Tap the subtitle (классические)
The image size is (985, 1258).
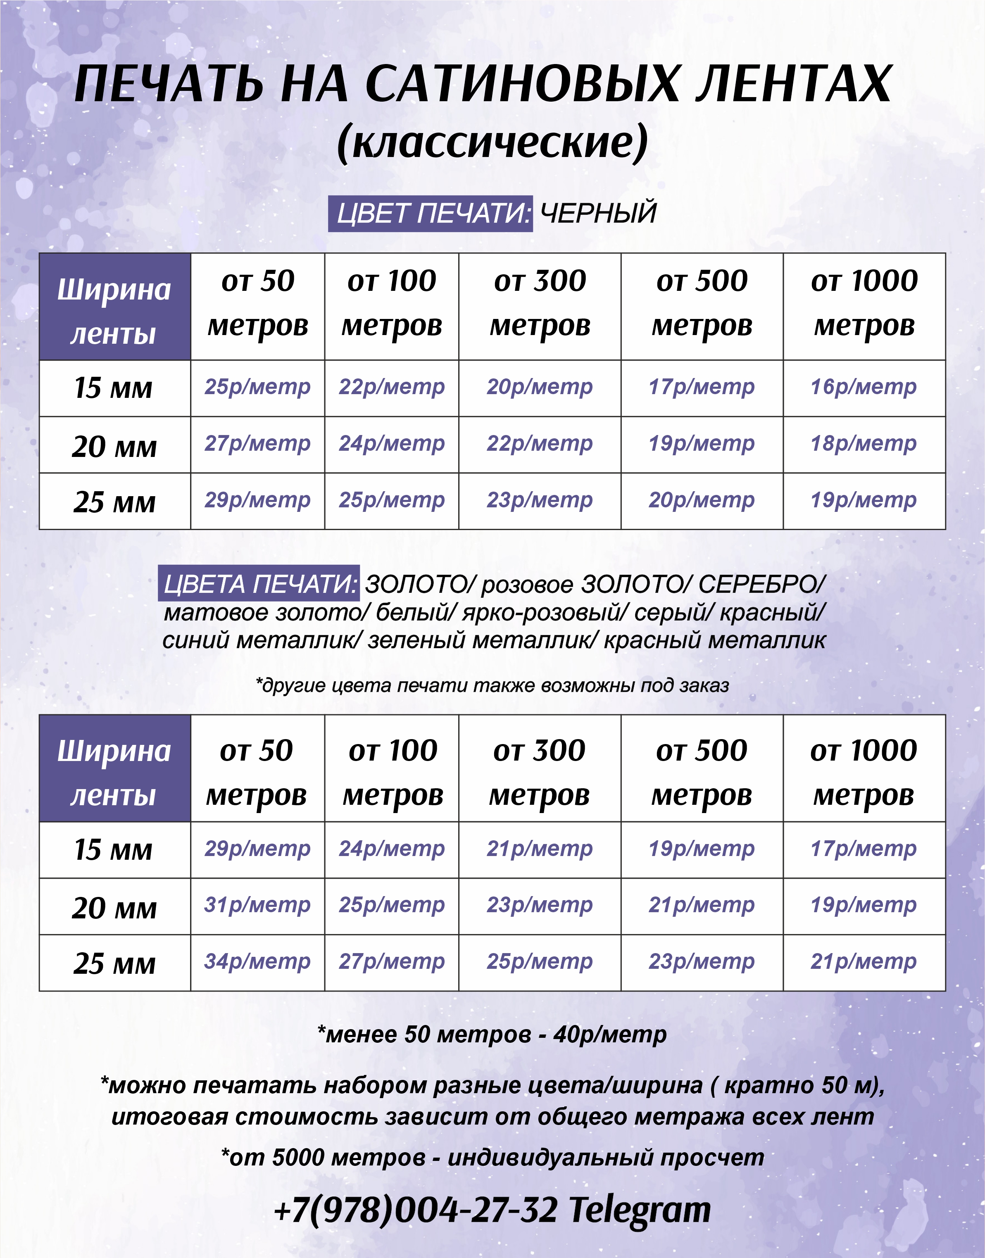point(492,142)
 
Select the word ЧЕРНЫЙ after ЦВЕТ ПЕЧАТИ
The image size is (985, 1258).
point(598,213)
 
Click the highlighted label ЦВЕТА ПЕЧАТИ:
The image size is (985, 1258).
point(259,584)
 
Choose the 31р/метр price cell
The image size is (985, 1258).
point(257,905)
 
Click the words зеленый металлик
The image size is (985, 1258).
point(483,640)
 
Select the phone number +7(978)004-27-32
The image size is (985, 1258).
point(416,1209)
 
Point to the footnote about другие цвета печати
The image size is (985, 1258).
point(492,685)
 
